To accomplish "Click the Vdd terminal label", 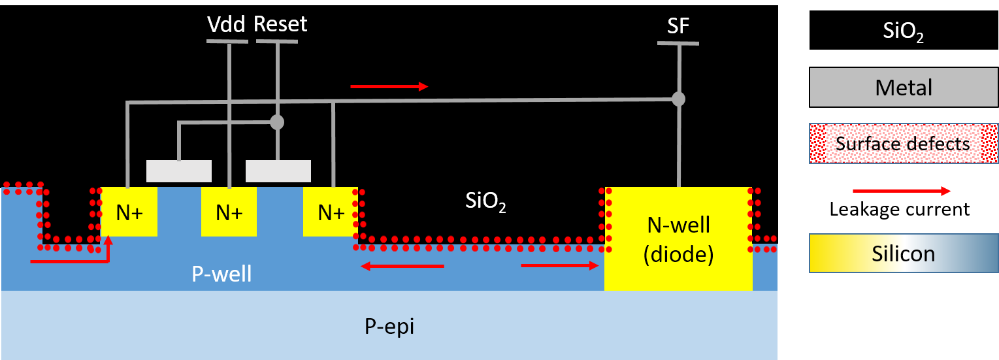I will coord(226,25).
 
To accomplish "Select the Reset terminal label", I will coord(280,25).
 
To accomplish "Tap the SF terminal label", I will coord(678,26).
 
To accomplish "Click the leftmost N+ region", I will coord(129,212).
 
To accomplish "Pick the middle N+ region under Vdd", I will coord(229,212).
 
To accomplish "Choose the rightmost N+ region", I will coord(331,212).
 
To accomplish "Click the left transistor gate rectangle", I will coord(178,171).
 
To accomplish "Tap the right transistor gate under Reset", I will coord(278,171).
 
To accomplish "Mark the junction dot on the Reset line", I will coord(277,122).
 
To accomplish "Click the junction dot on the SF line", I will coord(679,99).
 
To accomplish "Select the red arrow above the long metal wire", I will coord(389,86).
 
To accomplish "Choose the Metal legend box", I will coord(904,87).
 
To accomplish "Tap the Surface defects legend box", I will coord(904,143).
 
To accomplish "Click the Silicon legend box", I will coord(904,253).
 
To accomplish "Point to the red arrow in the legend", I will coord(902,191).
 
